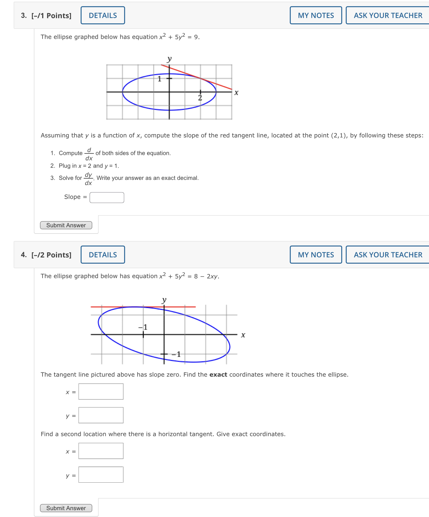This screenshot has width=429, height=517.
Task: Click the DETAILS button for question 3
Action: [x=103, y=15]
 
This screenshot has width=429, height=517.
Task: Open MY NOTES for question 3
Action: [x=315, y=15]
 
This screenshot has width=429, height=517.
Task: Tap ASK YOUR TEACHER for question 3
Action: [x=388, y=15]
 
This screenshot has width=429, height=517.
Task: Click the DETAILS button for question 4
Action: [x=103, y=255]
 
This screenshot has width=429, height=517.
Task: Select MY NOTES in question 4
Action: [x=315, y=255]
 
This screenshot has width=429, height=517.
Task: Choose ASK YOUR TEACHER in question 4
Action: [x=388, y=255]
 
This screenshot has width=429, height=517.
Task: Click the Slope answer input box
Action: [x=107, y=197]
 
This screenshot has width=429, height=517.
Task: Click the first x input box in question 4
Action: [x=101, y=392]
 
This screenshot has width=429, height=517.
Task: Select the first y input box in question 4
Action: [x=101, y=415]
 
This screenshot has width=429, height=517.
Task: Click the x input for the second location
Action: [x=101, y=451]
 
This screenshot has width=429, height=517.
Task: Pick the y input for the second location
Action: [x=101, y=475]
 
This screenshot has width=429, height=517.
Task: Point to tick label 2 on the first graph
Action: [x=200, y=98]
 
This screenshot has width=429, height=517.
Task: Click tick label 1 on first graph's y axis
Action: [x=159, y=79]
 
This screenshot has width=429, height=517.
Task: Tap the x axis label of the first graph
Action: [x=236, y=93]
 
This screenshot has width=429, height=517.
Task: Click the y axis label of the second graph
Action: [x=164, y=300]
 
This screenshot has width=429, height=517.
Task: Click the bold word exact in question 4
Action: [x=218, y=375]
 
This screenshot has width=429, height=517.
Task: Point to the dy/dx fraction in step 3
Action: [x=88, y=179]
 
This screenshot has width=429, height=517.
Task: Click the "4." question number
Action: [x=24, y=255]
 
